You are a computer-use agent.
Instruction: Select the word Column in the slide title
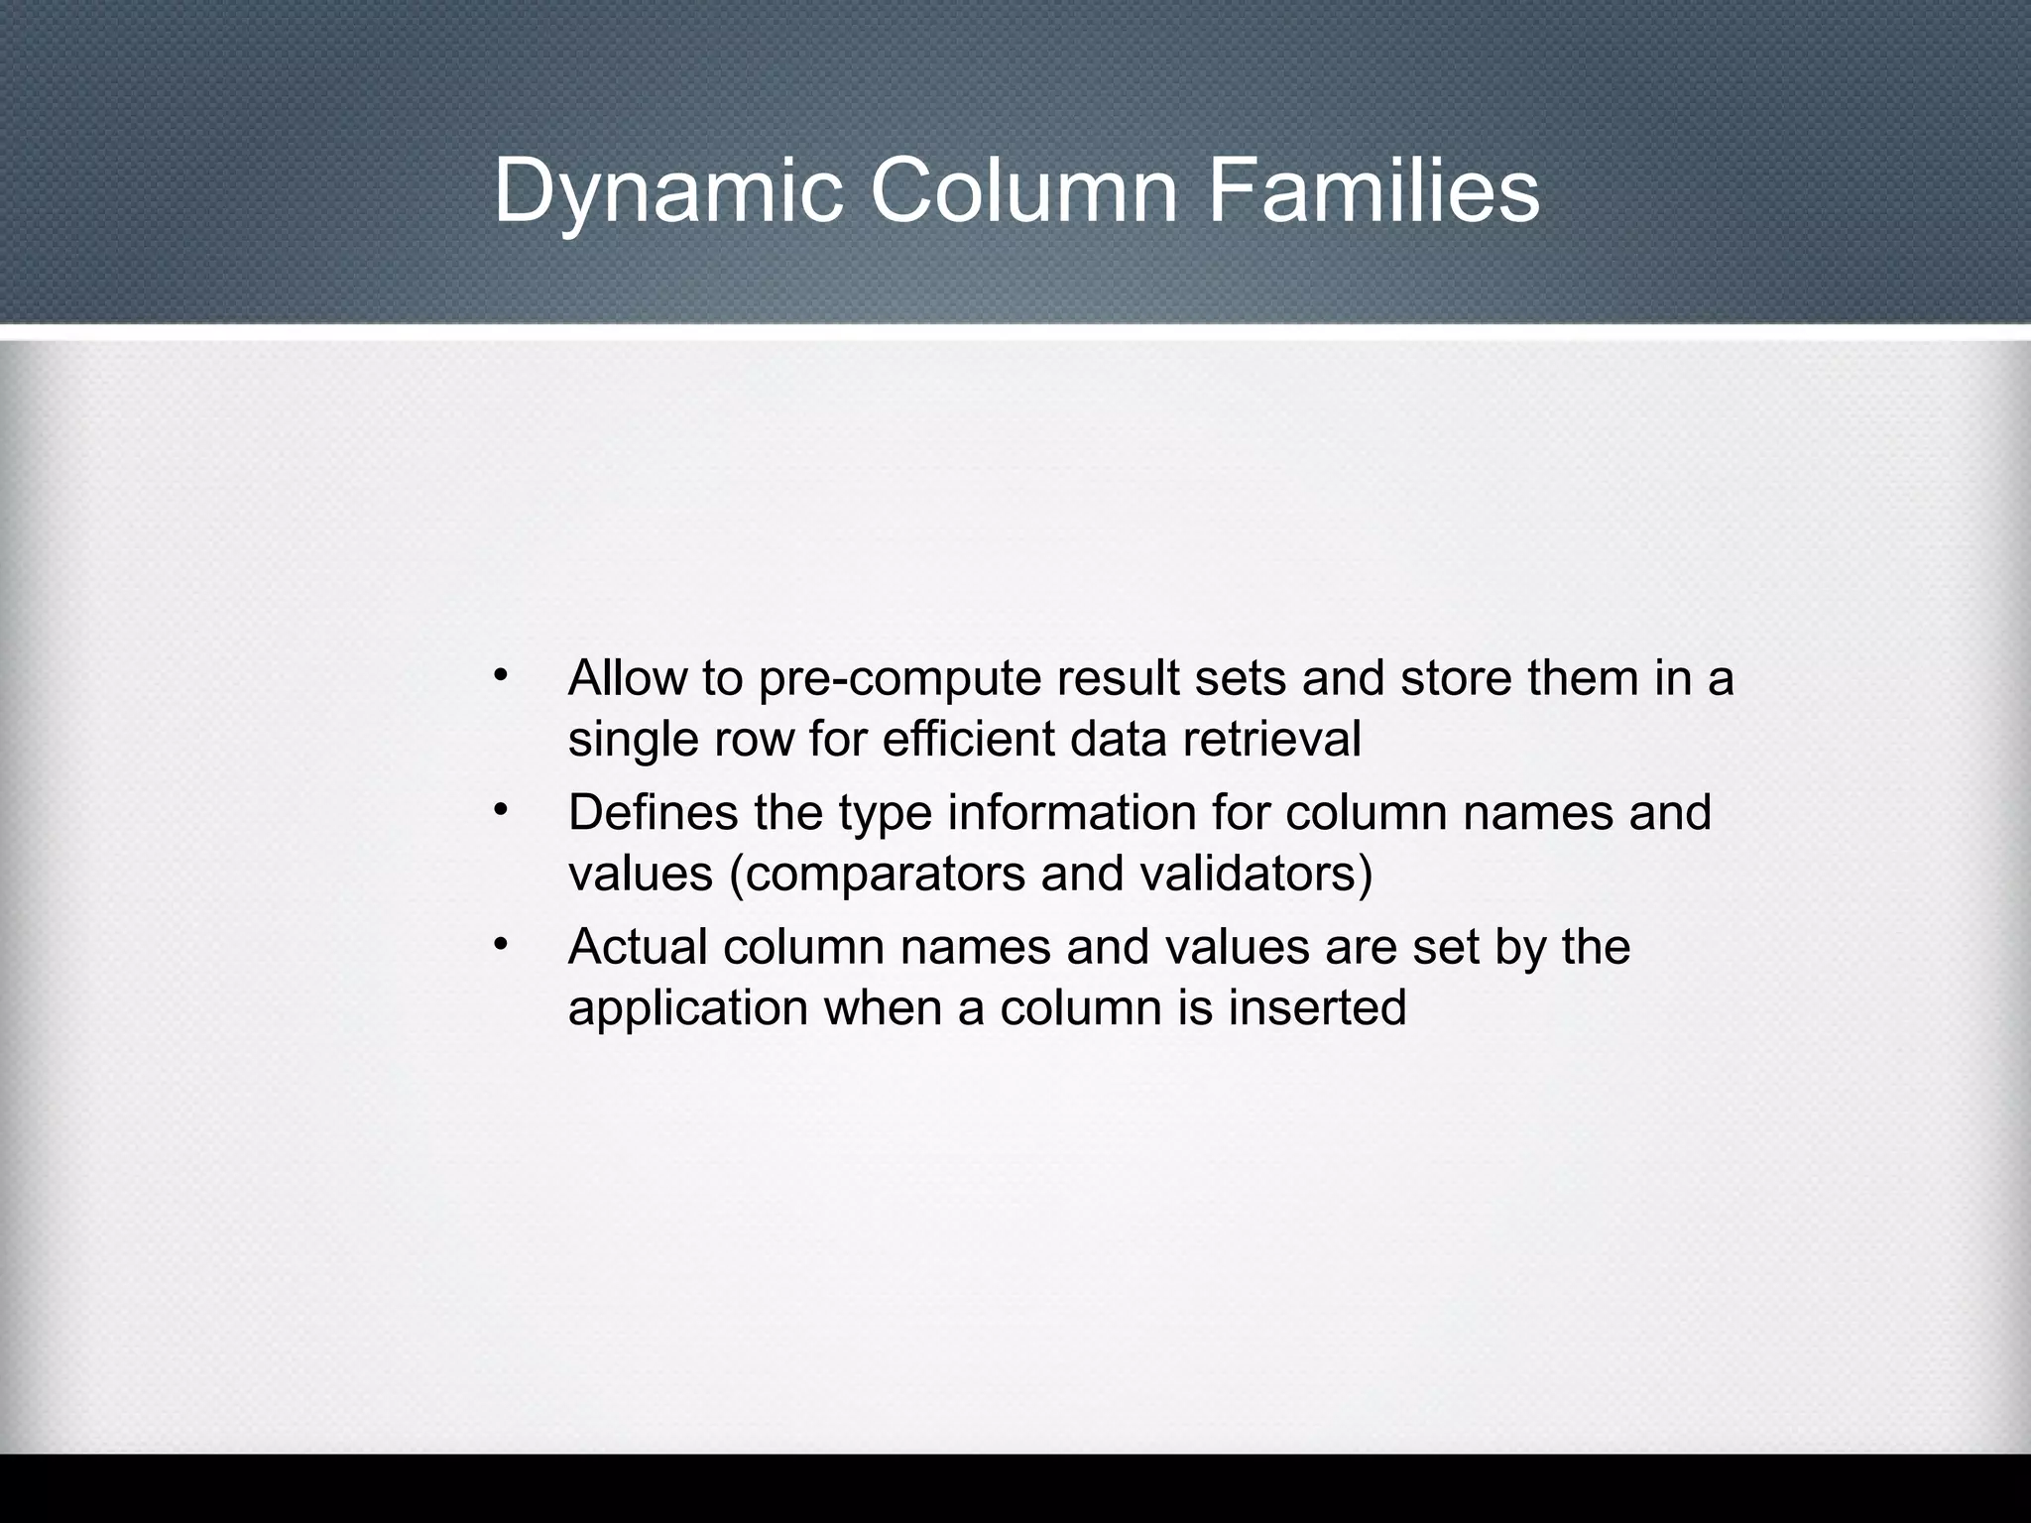tap(1024, 190)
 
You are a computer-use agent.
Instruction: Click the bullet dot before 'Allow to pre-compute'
tap(501, 675)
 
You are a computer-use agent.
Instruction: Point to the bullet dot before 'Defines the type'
tap(501, 810)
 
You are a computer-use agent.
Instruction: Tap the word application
tap(688, 1008)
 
